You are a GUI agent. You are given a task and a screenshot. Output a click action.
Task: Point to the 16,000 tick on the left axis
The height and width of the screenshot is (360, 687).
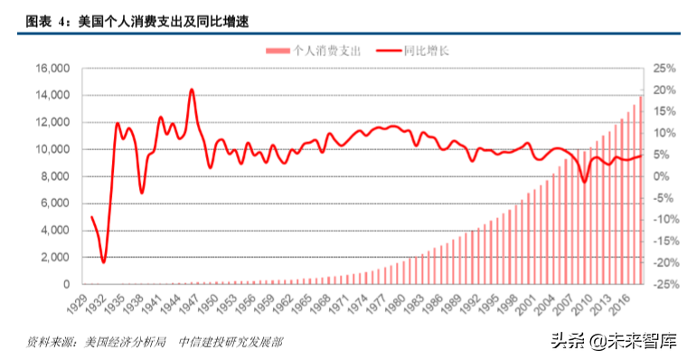[52, 69]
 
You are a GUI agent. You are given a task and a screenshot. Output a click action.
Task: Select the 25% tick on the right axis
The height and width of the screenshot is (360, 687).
[664, 69]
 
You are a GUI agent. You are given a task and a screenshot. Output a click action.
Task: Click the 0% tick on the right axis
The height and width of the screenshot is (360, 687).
[663, 176]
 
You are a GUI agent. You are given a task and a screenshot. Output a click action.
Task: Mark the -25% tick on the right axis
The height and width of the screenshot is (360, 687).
[664, 285]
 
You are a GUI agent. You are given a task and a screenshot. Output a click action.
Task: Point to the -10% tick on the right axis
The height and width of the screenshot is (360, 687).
[664, 220]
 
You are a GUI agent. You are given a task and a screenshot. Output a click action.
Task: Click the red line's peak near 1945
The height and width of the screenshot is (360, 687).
[192, 90]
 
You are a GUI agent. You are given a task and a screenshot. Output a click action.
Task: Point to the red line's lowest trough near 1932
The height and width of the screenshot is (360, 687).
[104, 261]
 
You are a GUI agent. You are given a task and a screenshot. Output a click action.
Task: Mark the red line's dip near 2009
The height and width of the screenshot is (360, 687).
[585, 181]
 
